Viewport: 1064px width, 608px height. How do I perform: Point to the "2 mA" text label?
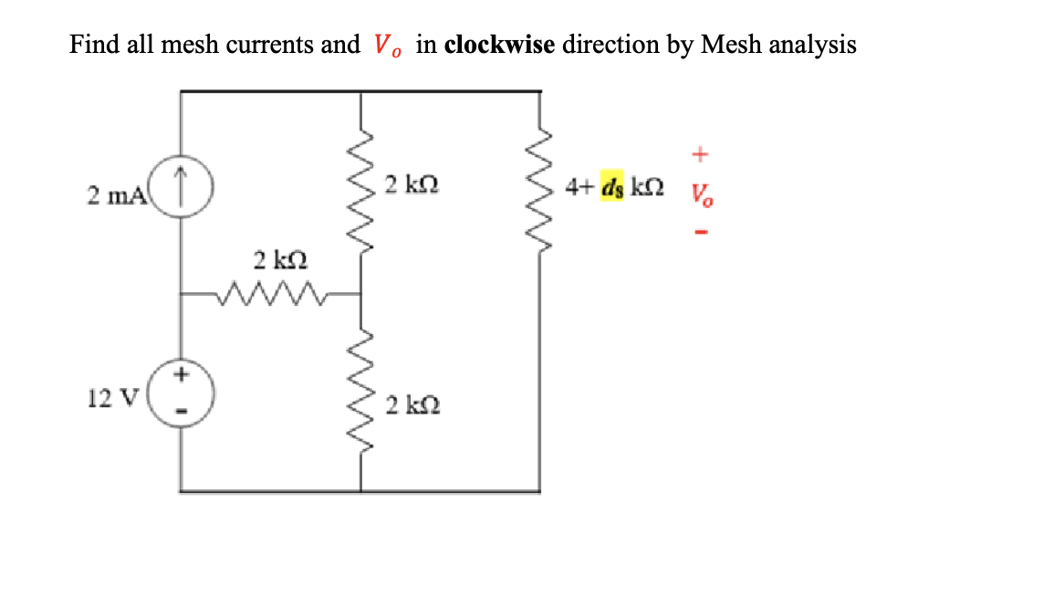click(x=111, y=194)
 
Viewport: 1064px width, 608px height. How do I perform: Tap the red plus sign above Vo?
click(x=699, y=155)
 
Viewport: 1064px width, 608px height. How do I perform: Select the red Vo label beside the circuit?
click(x=700, y=194)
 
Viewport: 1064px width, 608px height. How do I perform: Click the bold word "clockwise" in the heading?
click(x=498, y=45)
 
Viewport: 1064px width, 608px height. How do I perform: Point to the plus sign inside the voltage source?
click(x=181, y=373)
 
